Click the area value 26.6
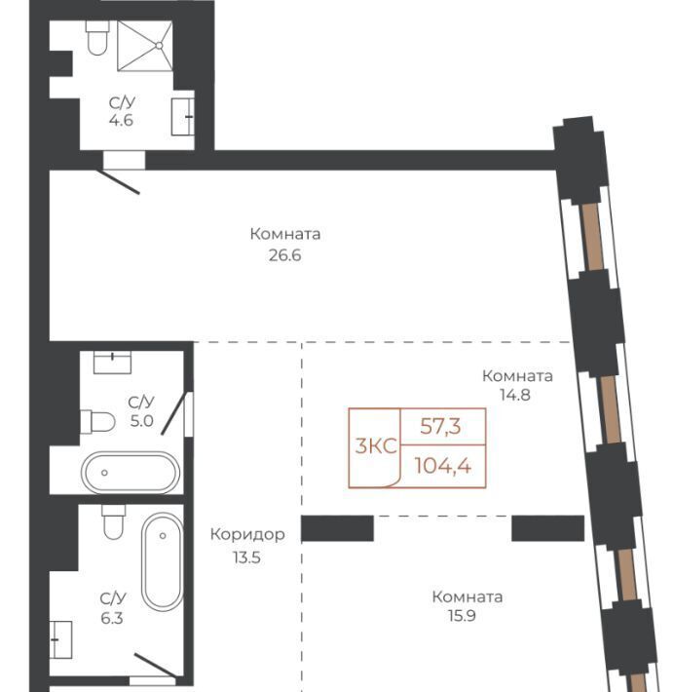285,255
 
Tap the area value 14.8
514,395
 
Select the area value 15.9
462,615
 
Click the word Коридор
247,534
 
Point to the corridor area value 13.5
246,557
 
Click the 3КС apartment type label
376,446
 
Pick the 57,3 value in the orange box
440,426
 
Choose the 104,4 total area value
443,466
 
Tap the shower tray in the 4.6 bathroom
145,46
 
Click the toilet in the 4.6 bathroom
97,38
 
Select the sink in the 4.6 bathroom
182,117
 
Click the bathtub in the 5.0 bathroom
131,473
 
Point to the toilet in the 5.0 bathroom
97,421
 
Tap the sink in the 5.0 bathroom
113,362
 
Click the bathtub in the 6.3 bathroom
163,561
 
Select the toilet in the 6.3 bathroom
113,522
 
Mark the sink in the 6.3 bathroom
60,639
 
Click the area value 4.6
121,120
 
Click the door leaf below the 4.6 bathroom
118,181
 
